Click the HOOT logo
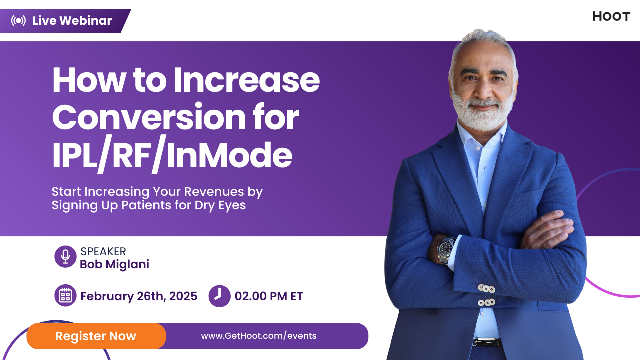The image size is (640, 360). click(x=611, y=16)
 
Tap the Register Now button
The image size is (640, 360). click(x=96, y=336)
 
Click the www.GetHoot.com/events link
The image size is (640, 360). click(x=259, y=336)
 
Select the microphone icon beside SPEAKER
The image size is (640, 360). click(x=65, y=257)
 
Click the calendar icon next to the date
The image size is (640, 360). click(x=65, y=296)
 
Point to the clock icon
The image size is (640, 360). click(x=219, y=296)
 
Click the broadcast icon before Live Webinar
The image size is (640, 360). click(x=18, y=21)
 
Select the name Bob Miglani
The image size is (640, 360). click(x=114, y=264)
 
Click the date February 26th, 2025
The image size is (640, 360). click(x=139, y=296)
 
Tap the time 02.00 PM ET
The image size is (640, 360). click(x=269, y=296)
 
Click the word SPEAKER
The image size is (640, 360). click(x=103, y=251)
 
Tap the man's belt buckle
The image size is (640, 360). click(x=486, y=342)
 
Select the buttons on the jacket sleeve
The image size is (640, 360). click(x=486, y=295)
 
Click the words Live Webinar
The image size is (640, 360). click(x=72, y=21)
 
